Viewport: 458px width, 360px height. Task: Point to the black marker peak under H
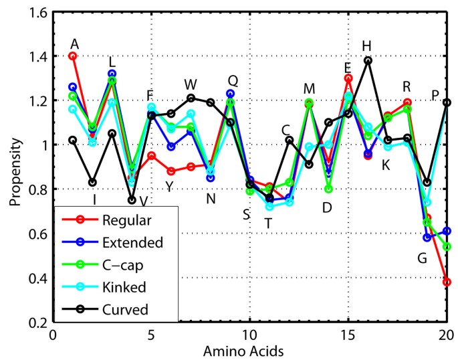click(368, 60)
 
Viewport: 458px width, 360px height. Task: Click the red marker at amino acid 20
click(447, 282)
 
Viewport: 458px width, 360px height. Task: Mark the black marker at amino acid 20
click(447, 102)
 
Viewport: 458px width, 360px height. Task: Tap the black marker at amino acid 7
click(191, 98)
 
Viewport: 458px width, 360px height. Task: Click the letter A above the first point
click(74, 43)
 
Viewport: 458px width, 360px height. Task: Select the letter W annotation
click(191, 84)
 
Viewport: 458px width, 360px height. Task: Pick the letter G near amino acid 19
click(422, 258)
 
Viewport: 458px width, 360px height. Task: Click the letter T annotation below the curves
click(268, 223)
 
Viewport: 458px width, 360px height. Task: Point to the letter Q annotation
click(233, 81)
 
